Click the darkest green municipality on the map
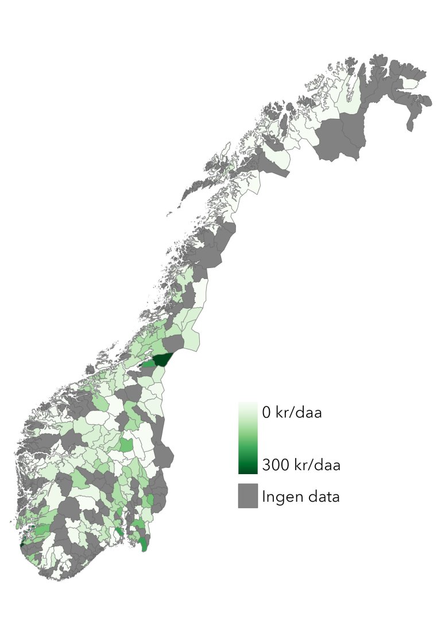164,360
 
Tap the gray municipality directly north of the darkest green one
172,344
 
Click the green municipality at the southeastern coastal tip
142,542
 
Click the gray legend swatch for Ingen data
247,495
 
